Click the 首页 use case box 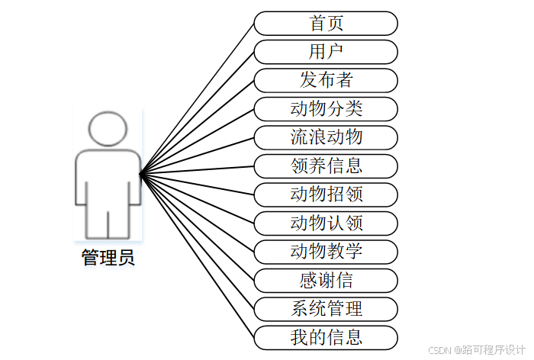(x=326, y=24)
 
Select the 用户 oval (x=326, y=52)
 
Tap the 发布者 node (x=326, y=80)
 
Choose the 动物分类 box (x=326, y=109)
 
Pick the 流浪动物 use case (x=326, y=137)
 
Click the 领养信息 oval (x=326, y=166)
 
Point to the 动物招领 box (x=326, y=194)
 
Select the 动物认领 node (x=326, y=223)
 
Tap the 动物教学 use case (x=326, y=251)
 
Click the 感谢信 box (x=326, y=280)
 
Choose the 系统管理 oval (x=326, y=308)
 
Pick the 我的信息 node (x=326, y=336)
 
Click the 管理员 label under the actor (x=108, y=258)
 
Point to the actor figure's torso (x=108, y=179)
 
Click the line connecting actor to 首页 (x=198, y=99)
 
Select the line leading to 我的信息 (x=198, y=256)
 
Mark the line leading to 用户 (x=198, y=114)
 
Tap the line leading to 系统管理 (x=198, y=242)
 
